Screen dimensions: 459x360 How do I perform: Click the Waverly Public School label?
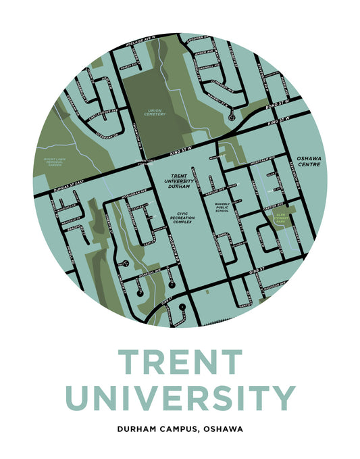(222, 207)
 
